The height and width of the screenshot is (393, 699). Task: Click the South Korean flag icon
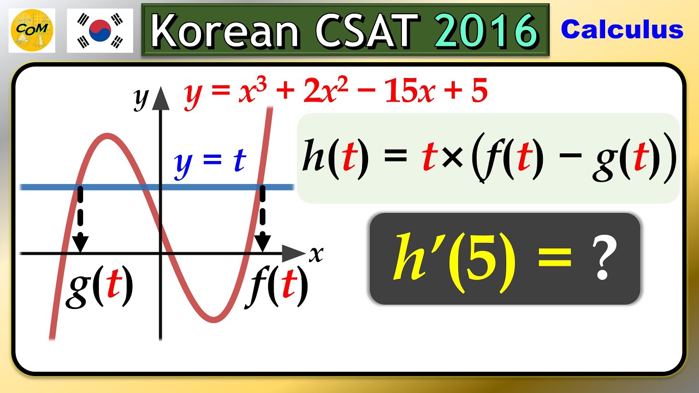click(x=100, y=30)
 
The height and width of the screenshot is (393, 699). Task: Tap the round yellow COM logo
click(x=32, y=30)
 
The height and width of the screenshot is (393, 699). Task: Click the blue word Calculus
click(x=622, y=29)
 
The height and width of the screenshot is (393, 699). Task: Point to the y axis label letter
click(x=141, y=98)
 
